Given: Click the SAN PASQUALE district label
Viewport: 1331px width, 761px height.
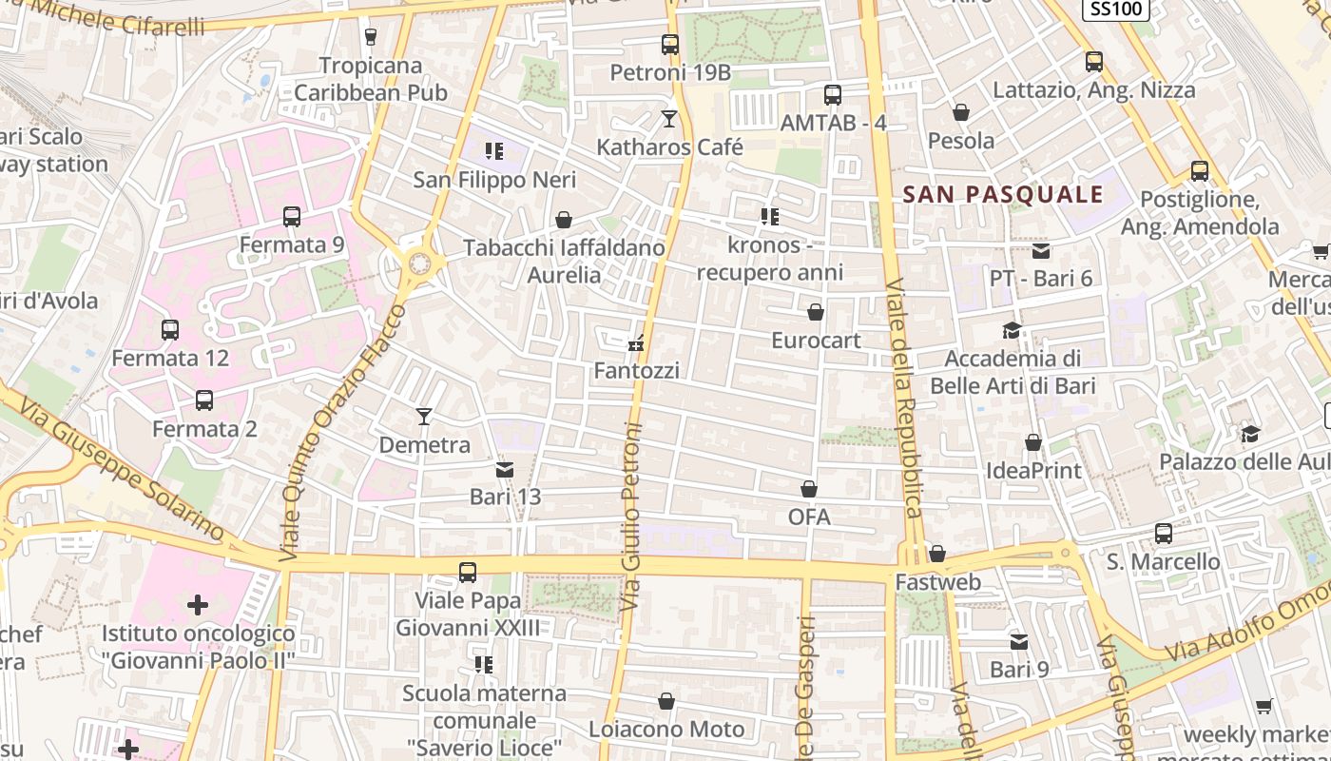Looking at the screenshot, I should click(1002, 195).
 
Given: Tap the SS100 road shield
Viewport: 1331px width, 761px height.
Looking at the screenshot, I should click(1116, 9).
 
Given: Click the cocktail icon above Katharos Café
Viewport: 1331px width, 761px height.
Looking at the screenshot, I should click(669, 119).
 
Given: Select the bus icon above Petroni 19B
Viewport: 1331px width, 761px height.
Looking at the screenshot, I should click(670, 44).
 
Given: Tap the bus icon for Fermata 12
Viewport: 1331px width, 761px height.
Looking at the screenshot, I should click(170, 330).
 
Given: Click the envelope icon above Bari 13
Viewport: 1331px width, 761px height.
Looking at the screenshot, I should click(505, 469).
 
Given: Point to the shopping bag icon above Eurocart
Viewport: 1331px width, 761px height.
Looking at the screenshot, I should click(816, 312).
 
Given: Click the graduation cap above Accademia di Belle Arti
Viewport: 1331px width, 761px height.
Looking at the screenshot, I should click(1012, 330).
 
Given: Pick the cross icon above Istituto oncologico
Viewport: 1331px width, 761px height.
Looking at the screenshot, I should click(198, 604).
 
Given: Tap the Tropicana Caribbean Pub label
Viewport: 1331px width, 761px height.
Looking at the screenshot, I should click(371, 79).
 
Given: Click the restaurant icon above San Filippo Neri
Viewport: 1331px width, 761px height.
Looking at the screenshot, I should click(493, 150).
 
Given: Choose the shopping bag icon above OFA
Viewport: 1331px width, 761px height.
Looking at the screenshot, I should click(809, 489).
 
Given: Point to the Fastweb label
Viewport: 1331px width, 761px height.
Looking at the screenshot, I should click(937, 581).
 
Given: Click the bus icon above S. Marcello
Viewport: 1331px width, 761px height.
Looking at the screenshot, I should click(1164, 533).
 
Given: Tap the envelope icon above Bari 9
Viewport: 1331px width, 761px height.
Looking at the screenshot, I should click(1019, 641).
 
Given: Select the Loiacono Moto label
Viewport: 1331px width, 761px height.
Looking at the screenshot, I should click(666, 730).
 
